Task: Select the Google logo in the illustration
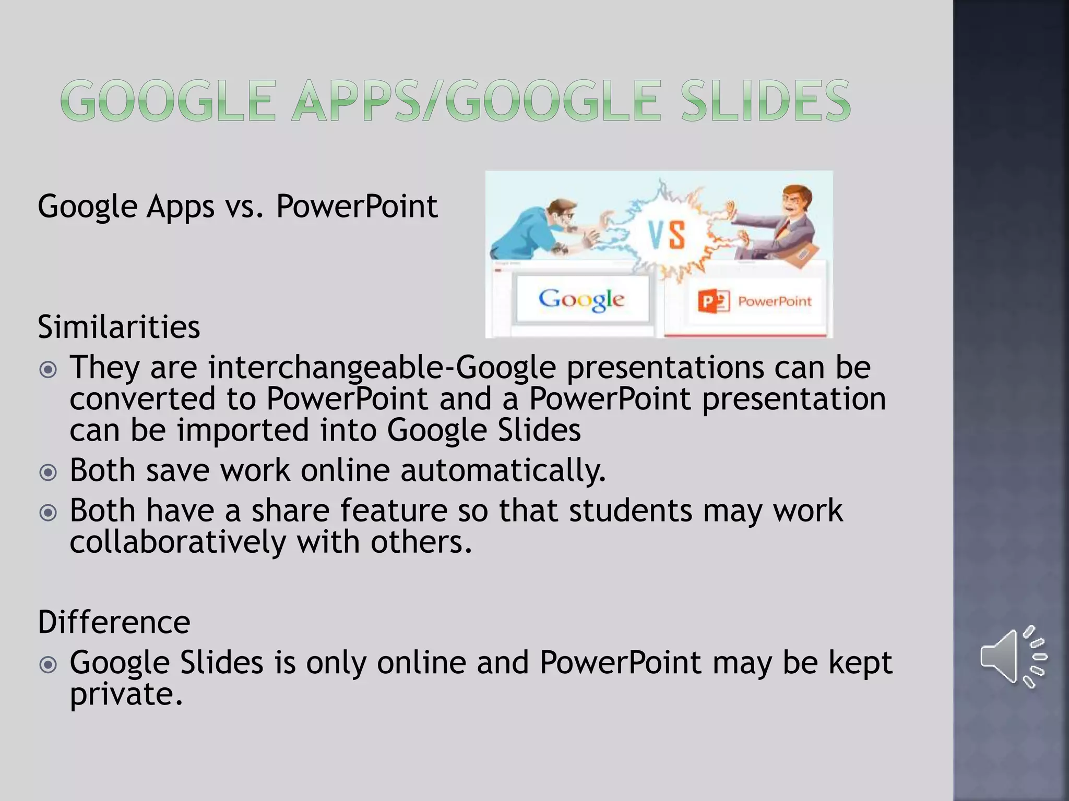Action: (581, 299)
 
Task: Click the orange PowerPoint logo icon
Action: (713, 301)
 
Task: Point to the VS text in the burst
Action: (667, 235)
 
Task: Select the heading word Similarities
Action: (118, 327)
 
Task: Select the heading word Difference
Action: (114, 622)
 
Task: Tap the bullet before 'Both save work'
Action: (48, 472)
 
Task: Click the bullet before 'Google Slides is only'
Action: (48, 665)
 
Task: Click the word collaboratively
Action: (177, 542)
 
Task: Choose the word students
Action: (630, 511)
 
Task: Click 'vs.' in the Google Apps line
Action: (245, 207)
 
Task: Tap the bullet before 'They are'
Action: (48, 370)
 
